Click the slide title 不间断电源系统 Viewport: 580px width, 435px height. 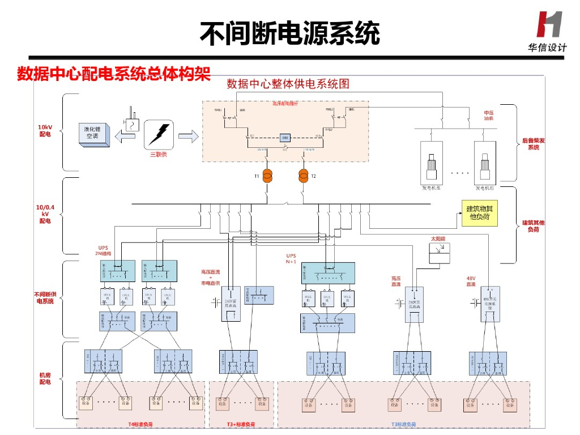pyautogui.click(x=289, y=33)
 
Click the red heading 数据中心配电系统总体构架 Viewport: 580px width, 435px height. pyautogui.click(x=114, y=74)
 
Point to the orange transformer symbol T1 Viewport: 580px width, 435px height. pyautogui.click(x=267, y=176)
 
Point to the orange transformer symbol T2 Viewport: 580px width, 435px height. pyautogui.click(x=304, y=176)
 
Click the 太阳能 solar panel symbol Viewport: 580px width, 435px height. pyautogui.click(x=440, y=253)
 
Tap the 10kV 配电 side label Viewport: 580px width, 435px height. pyautogui.click(x=45, y=131)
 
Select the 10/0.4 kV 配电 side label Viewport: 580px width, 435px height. pyautogui.click(x=45, y=214)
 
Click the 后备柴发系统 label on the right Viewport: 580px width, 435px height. pyautogui.click(x=533, y=144)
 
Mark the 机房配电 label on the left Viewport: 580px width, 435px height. pyautogui.click(x=45, y=378)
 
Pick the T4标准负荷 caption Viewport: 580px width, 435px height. pyautogui.click(x=140, y=424)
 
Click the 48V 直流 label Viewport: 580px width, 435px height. pyautogui.click(x=471, y=281)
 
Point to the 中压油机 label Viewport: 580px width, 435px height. pyautogui.click(x=488, y=116)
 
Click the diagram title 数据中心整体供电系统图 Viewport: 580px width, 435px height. pyautogui.click(x=288, y=84)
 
